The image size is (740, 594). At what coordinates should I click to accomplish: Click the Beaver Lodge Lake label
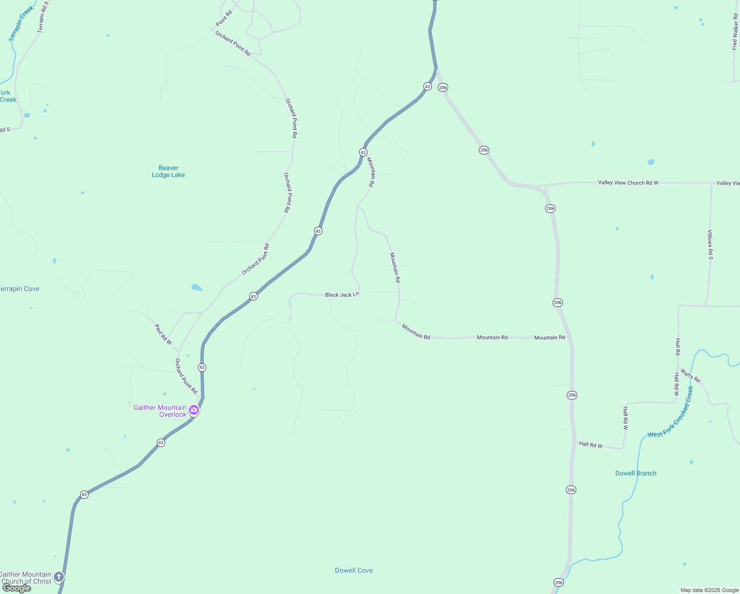(168, 171)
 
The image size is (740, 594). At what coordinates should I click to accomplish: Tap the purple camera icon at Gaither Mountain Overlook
(194, 410)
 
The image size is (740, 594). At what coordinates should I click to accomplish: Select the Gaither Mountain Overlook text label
(160, 411)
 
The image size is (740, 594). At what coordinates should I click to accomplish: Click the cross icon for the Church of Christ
(59, 577)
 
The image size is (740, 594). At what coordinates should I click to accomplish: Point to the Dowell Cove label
(354, 570)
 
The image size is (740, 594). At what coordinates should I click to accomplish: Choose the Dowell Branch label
(636, 473)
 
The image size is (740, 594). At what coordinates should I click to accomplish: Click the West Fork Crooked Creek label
(671, 412)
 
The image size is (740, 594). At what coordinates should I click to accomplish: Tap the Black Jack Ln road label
(342, 295)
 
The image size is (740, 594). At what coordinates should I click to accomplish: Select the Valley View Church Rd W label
(628, 183)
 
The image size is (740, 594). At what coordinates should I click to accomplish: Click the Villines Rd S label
(710, 245)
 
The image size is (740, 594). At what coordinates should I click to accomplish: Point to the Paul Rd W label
(163, 335)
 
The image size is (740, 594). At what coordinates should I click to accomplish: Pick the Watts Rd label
(690, 375)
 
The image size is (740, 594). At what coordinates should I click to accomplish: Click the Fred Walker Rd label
(735, 32)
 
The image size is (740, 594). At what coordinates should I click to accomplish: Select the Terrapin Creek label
(21, 23)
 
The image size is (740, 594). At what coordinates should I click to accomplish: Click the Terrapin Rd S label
(44, 17)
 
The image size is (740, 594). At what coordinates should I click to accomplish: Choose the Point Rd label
(224, 18)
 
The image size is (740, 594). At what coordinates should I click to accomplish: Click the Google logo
(16, 588)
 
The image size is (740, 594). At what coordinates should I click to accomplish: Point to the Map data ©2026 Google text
(709, 590)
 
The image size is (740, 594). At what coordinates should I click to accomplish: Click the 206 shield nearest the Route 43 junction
(443, 88)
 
